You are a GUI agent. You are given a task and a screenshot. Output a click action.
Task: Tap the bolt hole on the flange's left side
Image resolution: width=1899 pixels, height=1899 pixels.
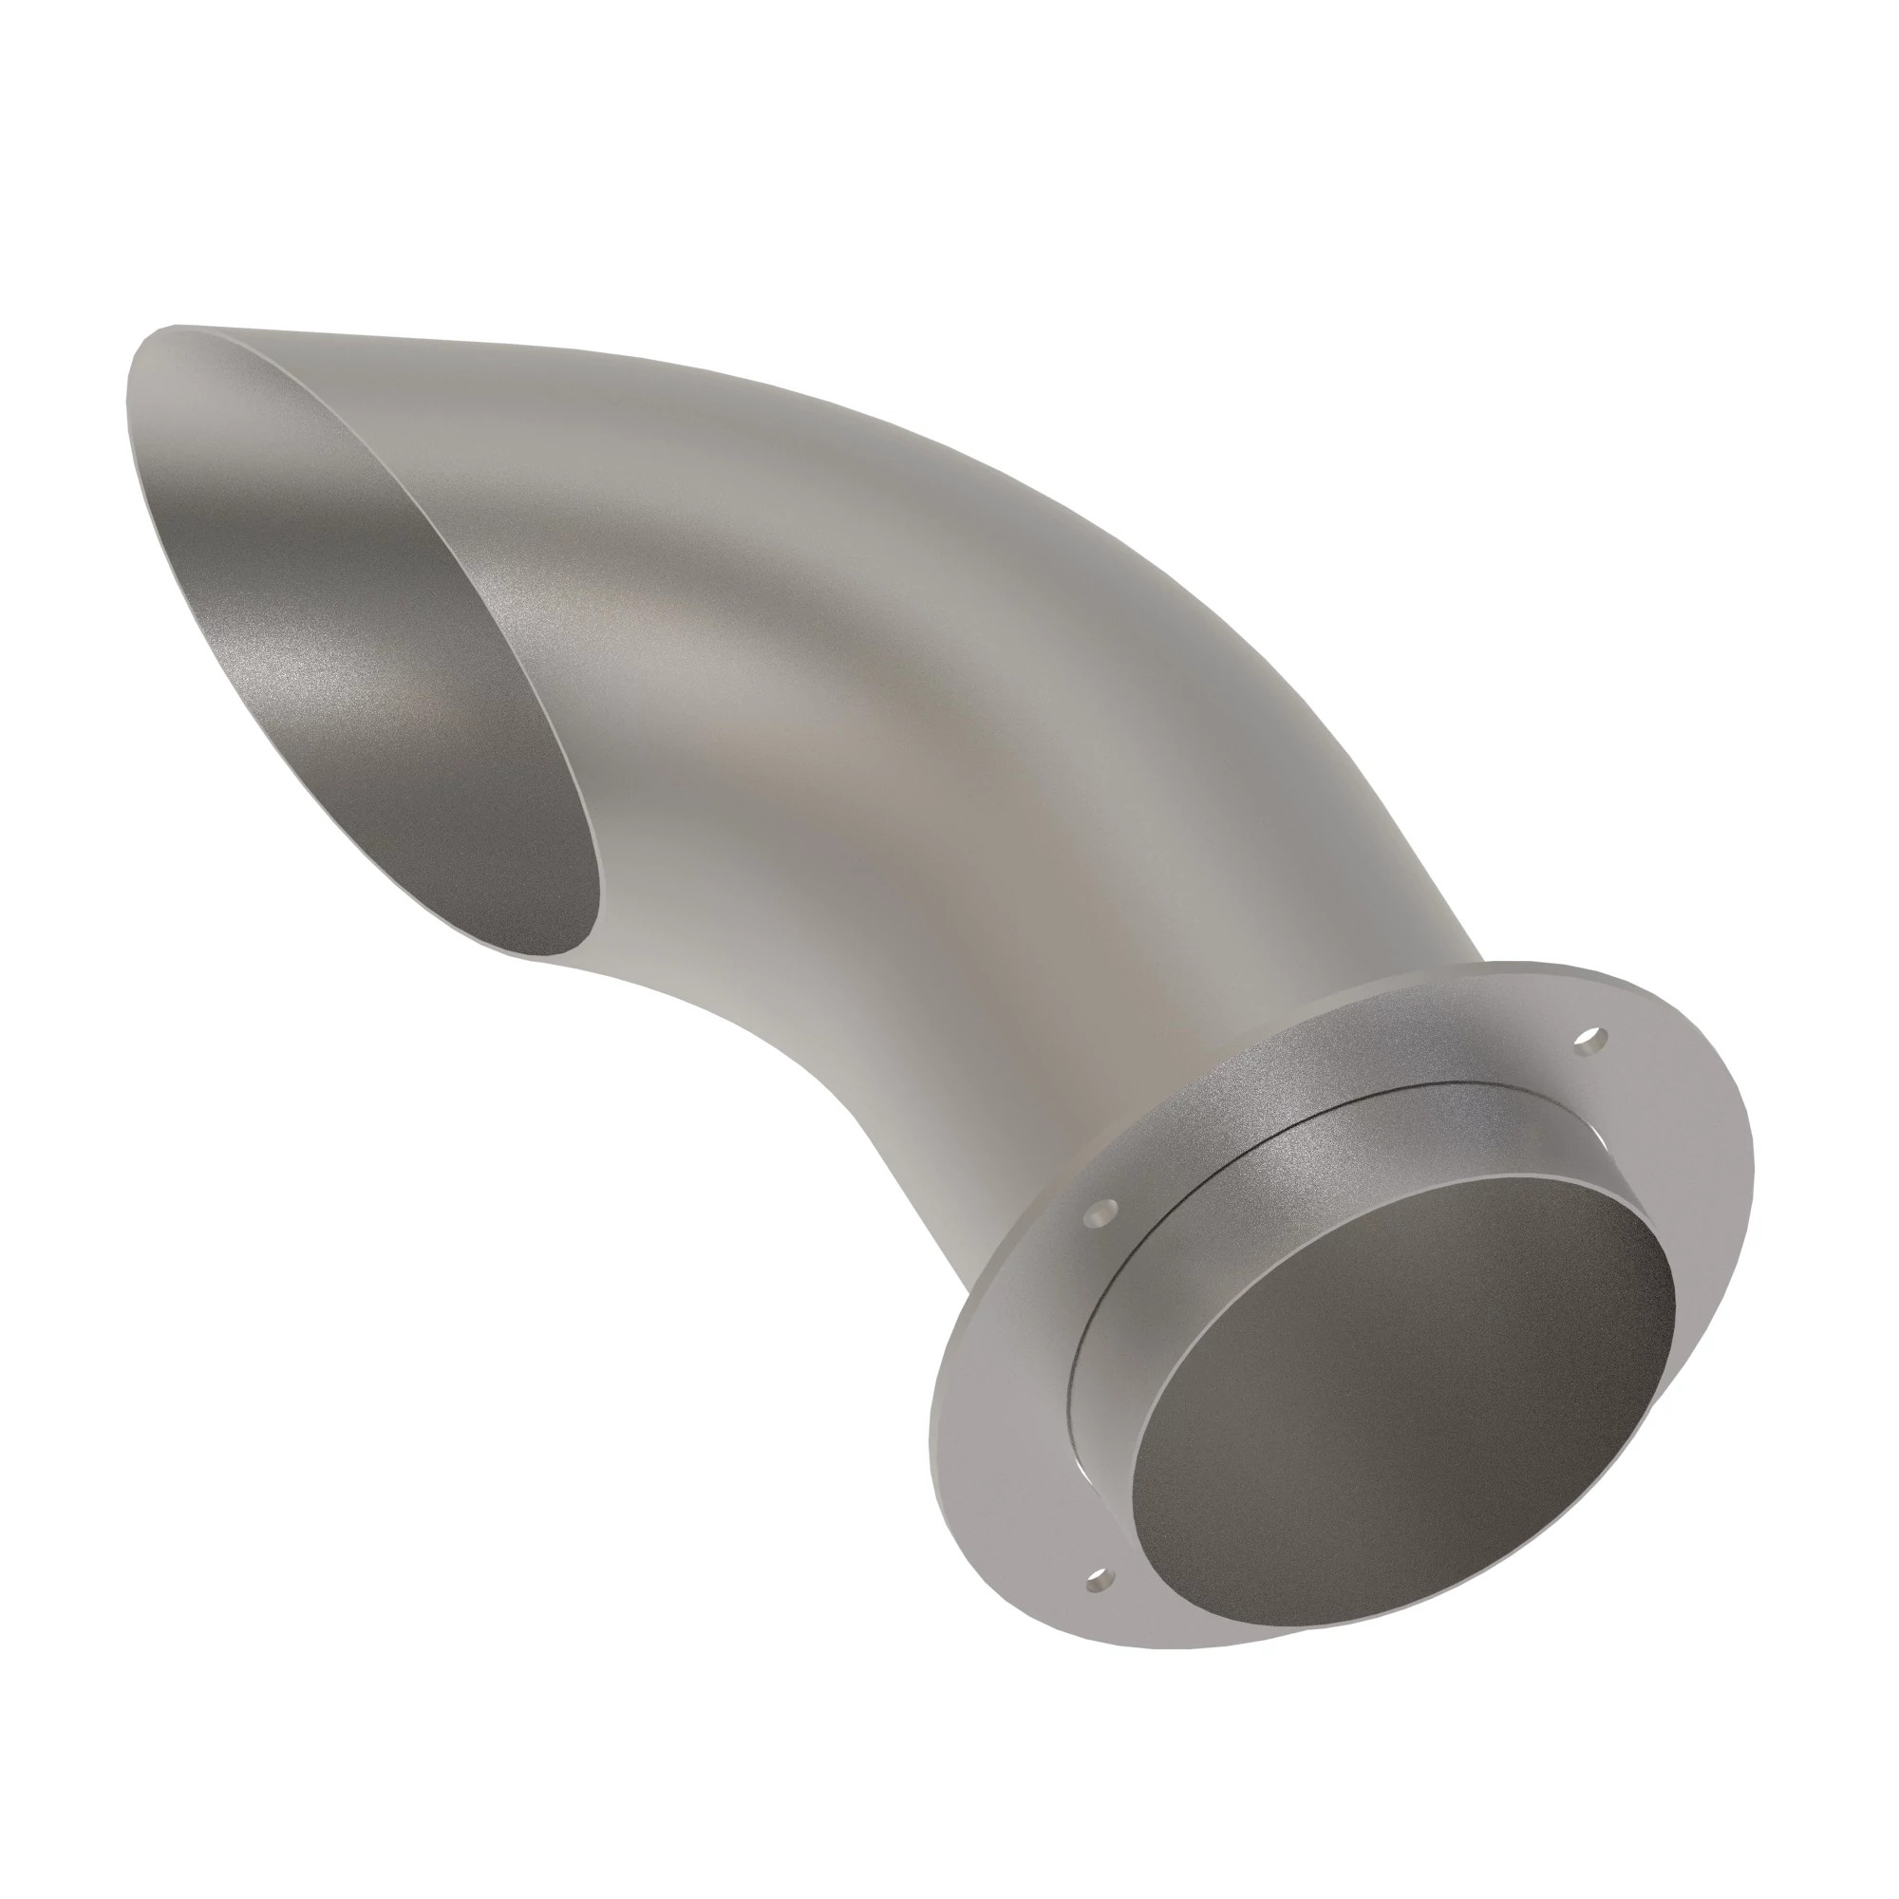click(1101, 1213)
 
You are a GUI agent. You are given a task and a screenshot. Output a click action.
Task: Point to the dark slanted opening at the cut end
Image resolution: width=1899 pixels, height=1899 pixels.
click(393, 688)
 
